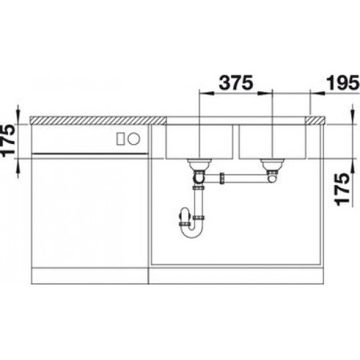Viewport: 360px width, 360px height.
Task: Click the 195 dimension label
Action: point(340,81)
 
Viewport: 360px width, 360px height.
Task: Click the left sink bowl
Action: point(198,141)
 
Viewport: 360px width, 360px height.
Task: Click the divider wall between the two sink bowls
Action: point(235,140)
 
